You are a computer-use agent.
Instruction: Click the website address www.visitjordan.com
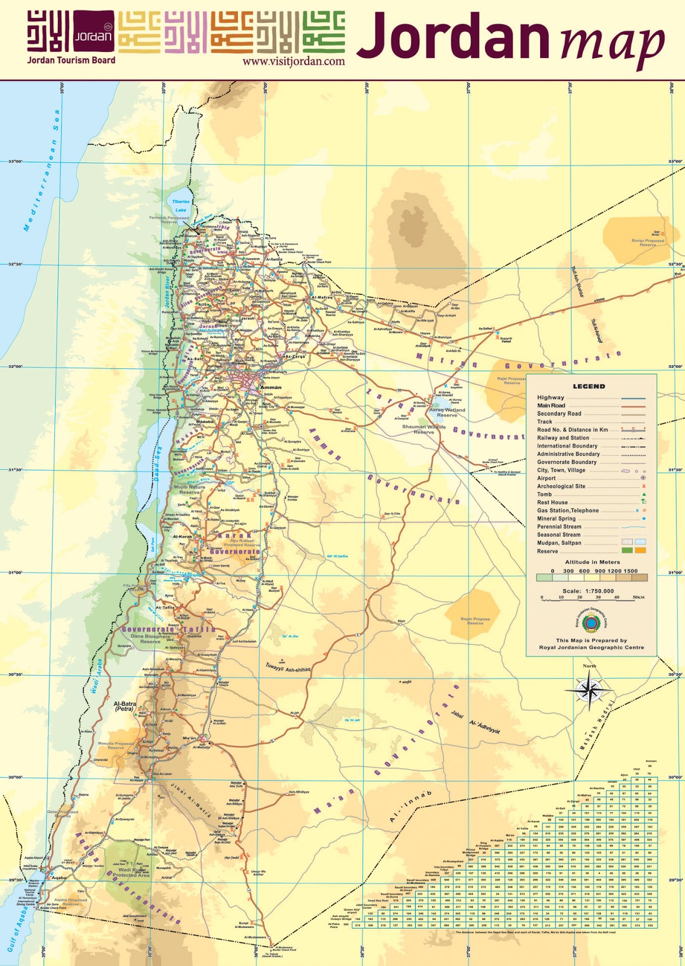[x=294, y=61]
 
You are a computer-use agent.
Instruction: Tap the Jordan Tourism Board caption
[x=71, y=60]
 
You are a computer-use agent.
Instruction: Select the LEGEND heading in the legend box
[x=588, y=386]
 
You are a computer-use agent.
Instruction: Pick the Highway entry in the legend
[x=550, y=397]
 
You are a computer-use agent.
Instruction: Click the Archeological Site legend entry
[x=561, y=486]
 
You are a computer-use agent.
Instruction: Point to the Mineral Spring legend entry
[x=556, y=519]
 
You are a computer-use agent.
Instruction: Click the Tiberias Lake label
[x=181, y=205]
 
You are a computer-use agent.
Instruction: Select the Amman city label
[x=270, y=388]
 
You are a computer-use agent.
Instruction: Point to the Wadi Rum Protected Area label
[x=131, y=872]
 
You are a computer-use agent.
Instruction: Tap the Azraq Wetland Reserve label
[x=447, y=412]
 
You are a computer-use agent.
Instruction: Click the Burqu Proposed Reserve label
[x=648, y=242]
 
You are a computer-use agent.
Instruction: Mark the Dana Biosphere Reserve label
[x=150, y=639]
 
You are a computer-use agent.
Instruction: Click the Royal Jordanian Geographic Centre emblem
[x=591, y=622]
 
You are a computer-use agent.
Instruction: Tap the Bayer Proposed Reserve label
[x=475, y=621]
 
